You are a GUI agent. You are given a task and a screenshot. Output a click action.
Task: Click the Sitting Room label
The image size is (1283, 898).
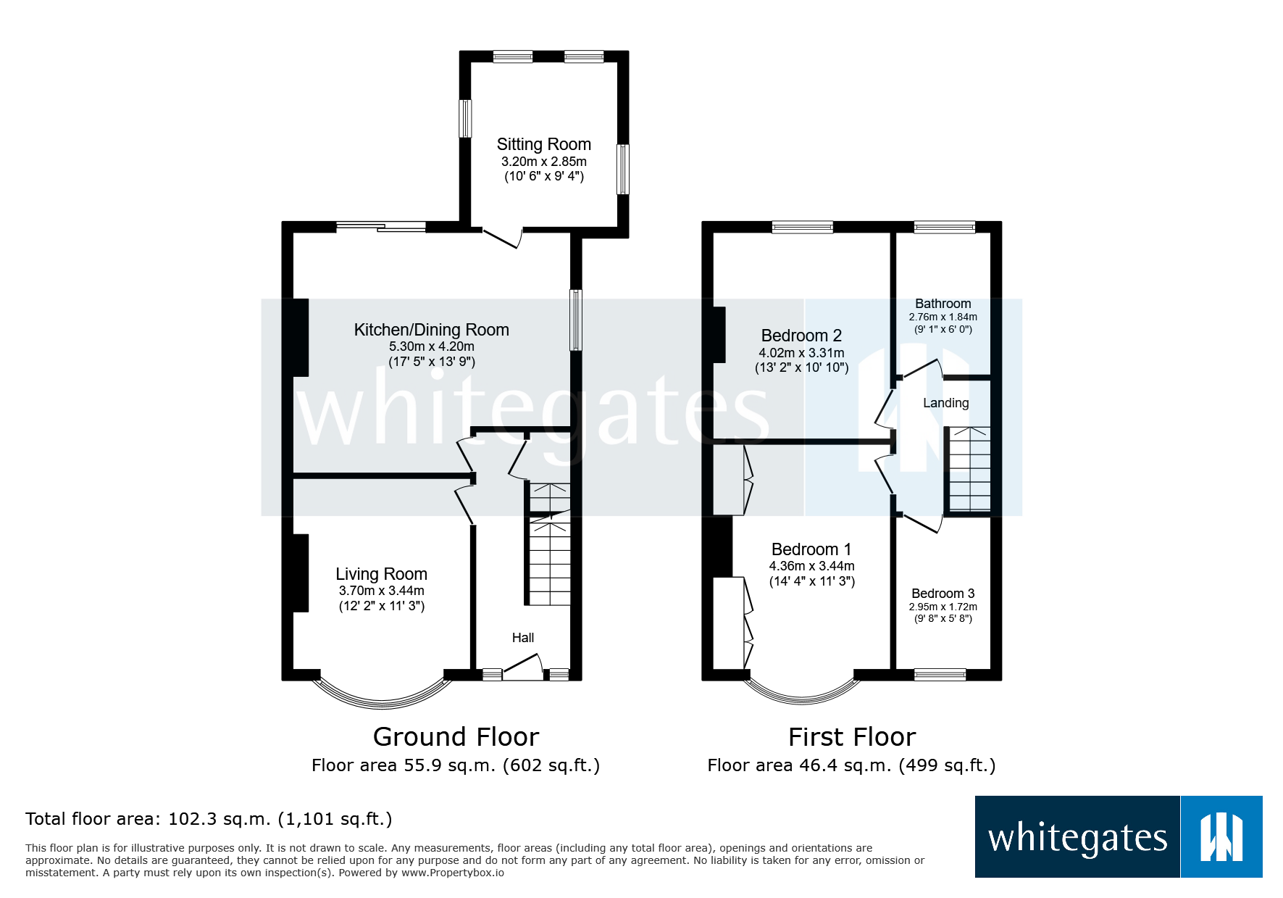pos(543,144)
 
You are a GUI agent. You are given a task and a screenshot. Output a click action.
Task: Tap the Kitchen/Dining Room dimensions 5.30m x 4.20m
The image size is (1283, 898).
pos(431,346)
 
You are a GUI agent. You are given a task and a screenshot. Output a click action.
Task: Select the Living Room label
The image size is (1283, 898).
pos(381,574)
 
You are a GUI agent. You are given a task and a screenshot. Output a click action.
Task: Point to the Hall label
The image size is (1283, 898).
pos(522,638)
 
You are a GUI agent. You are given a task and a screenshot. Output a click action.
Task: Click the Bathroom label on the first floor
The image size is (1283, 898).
pos(943,304)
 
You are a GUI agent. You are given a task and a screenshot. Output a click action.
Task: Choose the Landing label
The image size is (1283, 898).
pos(945,403)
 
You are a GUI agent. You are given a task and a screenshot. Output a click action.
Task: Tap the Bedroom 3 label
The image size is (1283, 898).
pos(943,594)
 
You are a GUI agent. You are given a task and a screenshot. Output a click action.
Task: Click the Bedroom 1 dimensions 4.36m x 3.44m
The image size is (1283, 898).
pos(811,566)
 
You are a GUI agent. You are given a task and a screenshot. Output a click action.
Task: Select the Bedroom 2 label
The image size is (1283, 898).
pos(801,336)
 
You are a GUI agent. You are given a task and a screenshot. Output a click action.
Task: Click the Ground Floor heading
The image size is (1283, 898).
pos(456,737)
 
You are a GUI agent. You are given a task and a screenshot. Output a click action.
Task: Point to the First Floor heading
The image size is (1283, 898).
pos(852,737)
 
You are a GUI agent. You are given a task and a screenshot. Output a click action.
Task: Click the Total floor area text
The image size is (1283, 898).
pos(209,819)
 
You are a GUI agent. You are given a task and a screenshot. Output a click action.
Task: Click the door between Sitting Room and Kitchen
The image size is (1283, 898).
pos(503,238)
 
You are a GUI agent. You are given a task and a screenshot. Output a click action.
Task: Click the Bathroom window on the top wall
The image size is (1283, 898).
pos(944,227)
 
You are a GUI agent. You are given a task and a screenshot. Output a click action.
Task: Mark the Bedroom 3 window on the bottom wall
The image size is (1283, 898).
pos(940,675)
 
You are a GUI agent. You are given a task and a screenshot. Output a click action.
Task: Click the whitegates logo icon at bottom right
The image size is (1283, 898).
pos(1221,837)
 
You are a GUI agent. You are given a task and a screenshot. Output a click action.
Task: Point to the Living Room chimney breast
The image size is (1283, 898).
pos(300,573)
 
